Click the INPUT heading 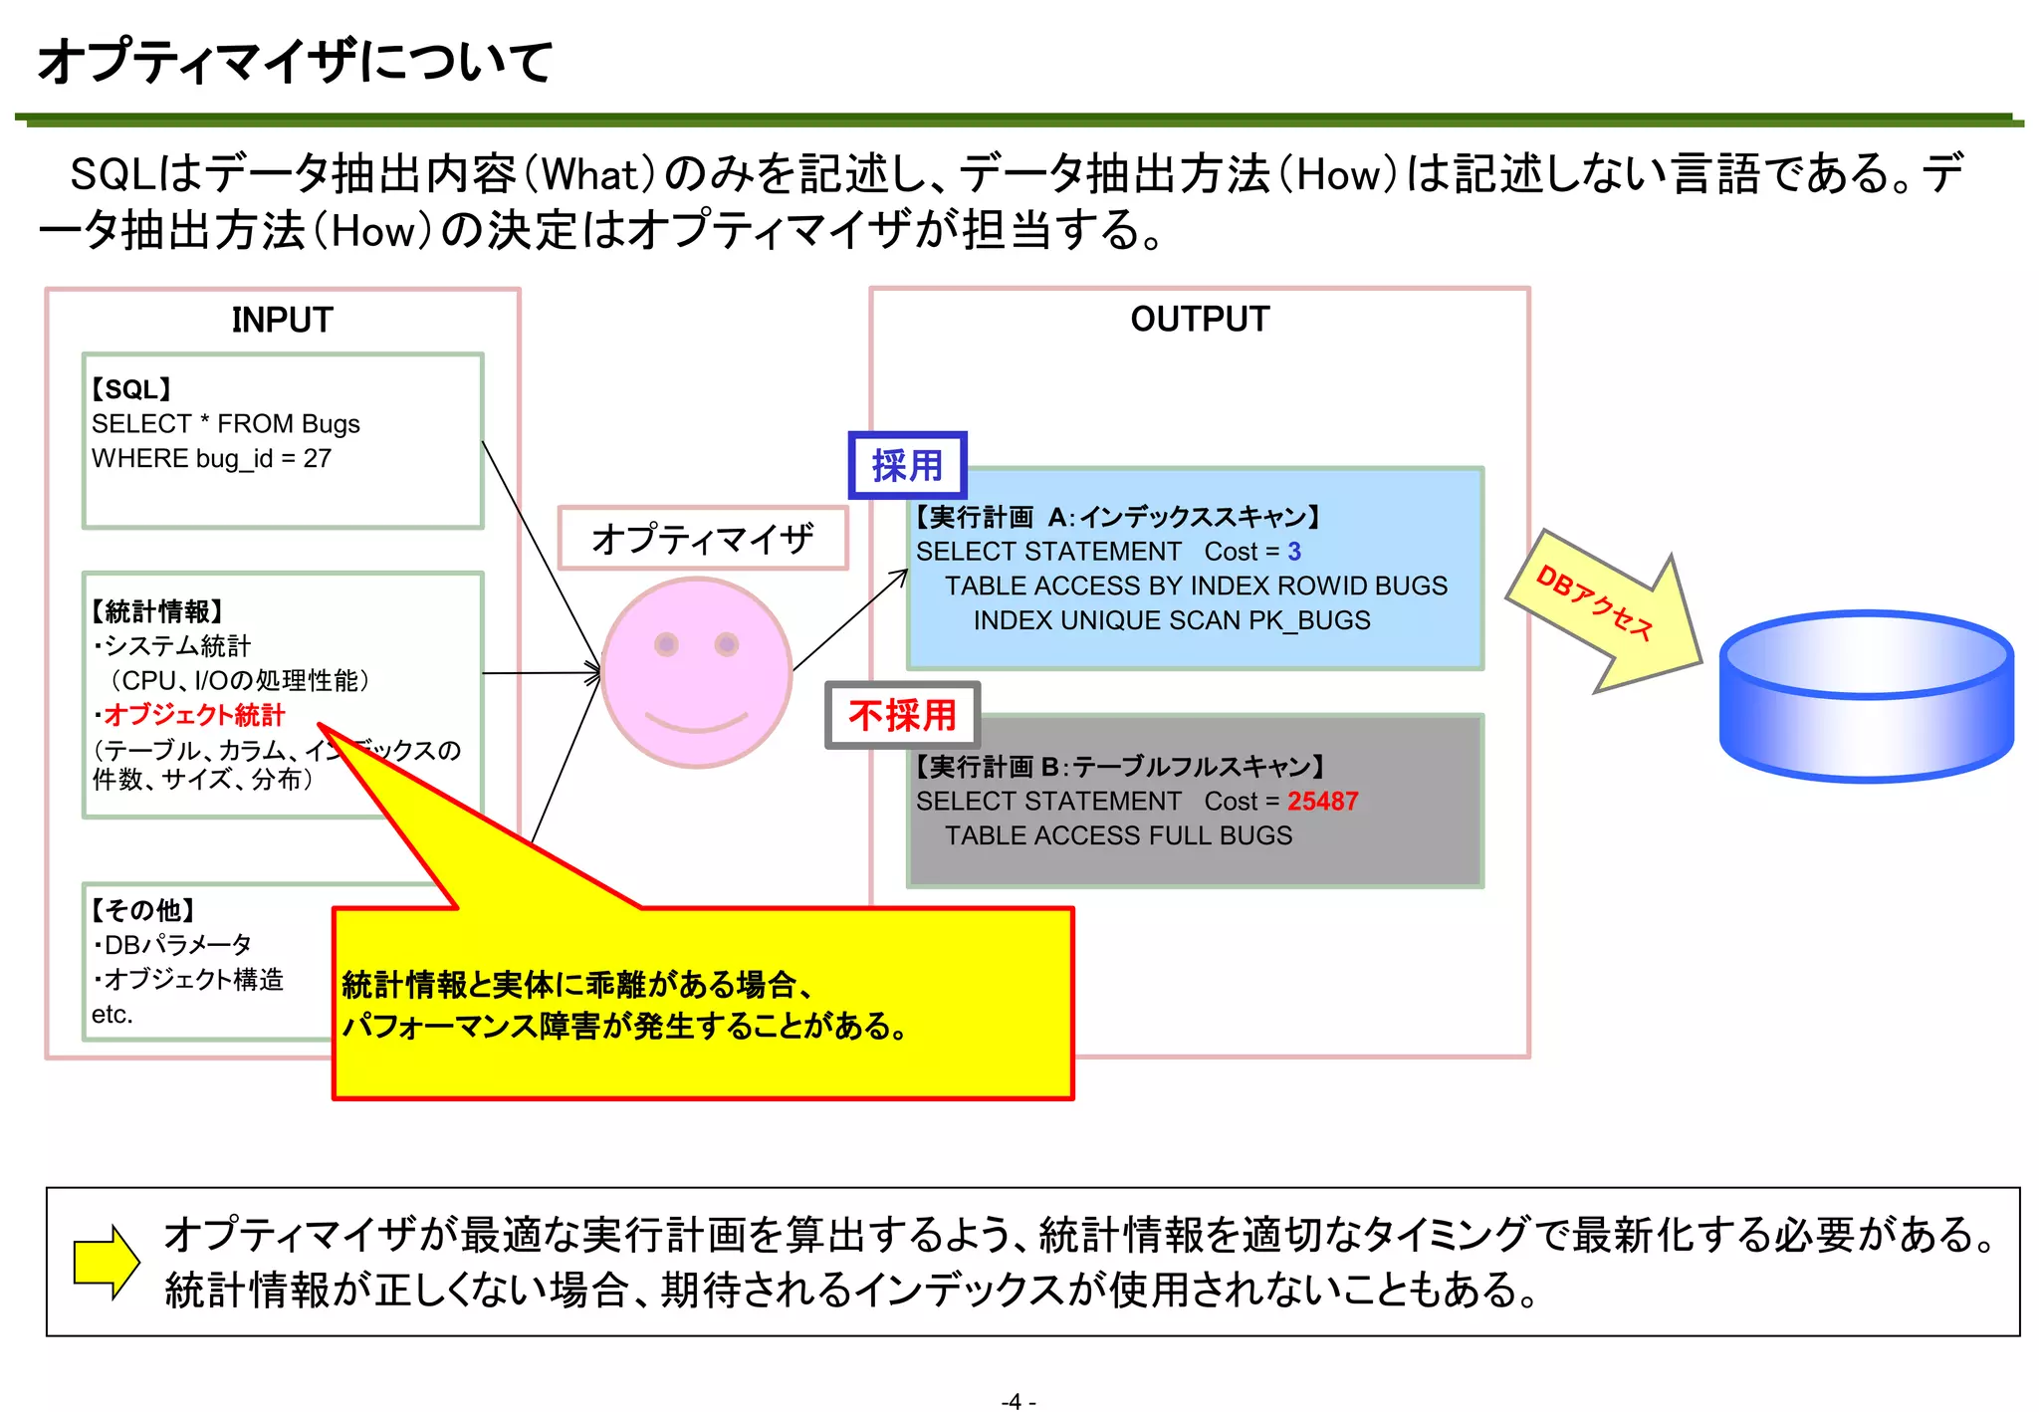[282, 320]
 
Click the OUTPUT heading [1200, 319]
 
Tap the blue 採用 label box [907, 465]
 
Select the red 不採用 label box [902, 715]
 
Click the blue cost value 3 [1294, 552]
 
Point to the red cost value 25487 [1322, 802]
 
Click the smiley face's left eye [666, 645]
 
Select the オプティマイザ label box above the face [703, 539]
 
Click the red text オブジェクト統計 [194, 715]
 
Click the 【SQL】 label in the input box [131, 389]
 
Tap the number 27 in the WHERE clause [318, 459]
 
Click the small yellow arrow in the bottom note [107, 1262]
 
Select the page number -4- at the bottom [1018, 1401]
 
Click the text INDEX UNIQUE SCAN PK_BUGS [1172, 620]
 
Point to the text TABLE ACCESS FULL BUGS [1118, 835]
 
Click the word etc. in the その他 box [112, 1015]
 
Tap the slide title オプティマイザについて [295, 62]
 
